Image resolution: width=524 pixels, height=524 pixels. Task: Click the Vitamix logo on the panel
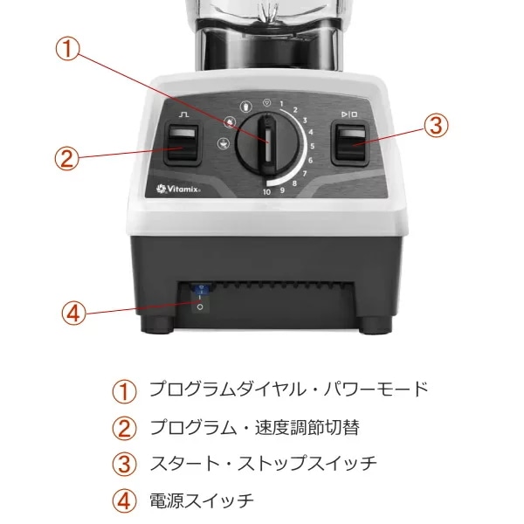coord(178,189)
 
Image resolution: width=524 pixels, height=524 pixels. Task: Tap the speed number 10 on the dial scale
coord(266,192)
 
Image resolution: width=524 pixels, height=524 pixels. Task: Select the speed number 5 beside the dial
coord(312,146)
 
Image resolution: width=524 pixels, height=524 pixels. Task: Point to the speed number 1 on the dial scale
coord(281,104)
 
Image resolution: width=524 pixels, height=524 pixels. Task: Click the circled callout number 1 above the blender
coord(67,49)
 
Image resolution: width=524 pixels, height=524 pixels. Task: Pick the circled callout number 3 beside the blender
coord(436,125)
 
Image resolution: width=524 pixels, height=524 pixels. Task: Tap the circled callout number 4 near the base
coord(74,314)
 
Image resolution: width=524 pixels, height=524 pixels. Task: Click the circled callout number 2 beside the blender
coord(67,158)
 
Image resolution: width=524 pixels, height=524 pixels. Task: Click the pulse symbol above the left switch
coord(183,114)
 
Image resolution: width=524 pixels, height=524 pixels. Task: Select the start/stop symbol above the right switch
coord(349,114)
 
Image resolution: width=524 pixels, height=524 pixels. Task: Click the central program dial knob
coord(267,144)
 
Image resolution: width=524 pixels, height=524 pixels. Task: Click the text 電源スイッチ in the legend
coord(201,500)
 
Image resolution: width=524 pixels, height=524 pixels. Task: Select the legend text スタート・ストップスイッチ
coord(264,463)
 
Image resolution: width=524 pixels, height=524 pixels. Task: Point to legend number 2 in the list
coord(124,429)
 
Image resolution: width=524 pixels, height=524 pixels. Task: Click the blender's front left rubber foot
coord(157,325)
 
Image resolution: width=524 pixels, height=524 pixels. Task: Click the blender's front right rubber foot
coord(376,325)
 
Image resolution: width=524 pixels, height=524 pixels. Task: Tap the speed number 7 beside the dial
coord(305,174)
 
